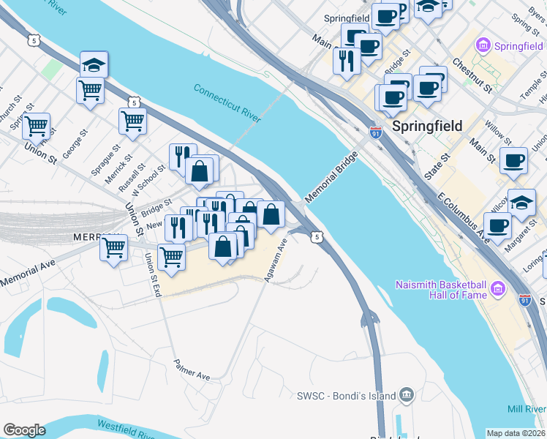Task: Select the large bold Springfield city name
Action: (x=427, y=126)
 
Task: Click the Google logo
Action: (x=24, y=429)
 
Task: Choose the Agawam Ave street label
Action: (x=279, y=262)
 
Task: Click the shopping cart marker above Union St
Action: (x=35, y=126)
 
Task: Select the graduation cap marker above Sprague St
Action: (x=94, y=64)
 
